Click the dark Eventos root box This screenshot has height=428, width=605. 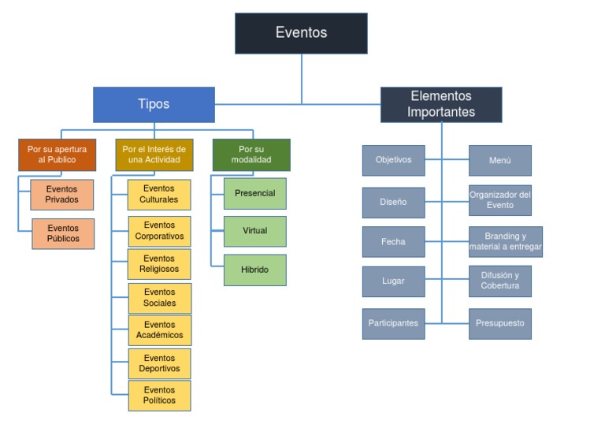[x=301, y=33]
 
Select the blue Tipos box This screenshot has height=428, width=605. [x=154, y=104]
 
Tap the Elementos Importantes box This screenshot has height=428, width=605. [x=441, y=104]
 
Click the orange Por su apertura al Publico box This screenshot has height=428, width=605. [x=57, y=154]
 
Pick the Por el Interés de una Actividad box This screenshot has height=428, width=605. [x=154, y=154]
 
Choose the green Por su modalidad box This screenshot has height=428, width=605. [x=251, y=154]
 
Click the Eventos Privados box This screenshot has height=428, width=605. [x=62, y=195]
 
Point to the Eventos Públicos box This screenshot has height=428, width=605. [x=62, y=233]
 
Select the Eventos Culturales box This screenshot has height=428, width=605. [x=159, y=194]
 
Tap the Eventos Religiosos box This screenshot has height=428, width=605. [x=159, y=264]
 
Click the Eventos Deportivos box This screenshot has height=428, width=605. [x=159, y=363]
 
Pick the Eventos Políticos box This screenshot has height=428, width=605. [x=159, y=395]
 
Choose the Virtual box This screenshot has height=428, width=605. [x=254, y=231]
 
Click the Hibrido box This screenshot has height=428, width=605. [x=254, y=270]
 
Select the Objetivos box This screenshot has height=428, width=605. [x=393, y=160]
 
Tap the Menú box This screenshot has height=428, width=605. [x=499, y=160]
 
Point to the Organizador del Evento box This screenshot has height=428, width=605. [x=499, y=200]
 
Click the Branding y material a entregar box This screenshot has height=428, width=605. [x=505, y=242]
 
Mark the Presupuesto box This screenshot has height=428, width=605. [x=499, y=323]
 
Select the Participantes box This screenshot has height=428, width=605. [x=393, y=323]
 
